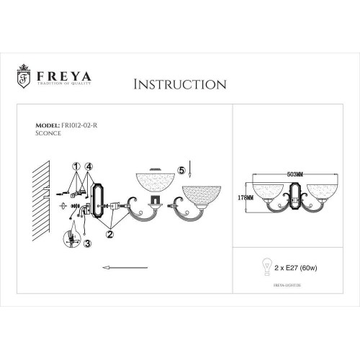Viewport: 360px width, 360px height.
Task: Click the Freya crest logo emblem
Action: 23,76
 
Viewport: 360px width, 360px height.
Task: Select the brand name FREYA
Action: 59,72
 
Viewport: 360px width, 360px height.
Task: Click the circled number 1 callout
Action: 76,165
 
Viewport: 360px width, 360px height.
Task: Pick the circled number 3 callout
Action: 87,245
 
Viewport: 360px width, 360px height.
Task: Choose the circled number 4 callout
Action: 88,165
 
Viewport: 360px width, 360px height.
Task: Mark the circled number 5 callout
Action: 181,171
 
